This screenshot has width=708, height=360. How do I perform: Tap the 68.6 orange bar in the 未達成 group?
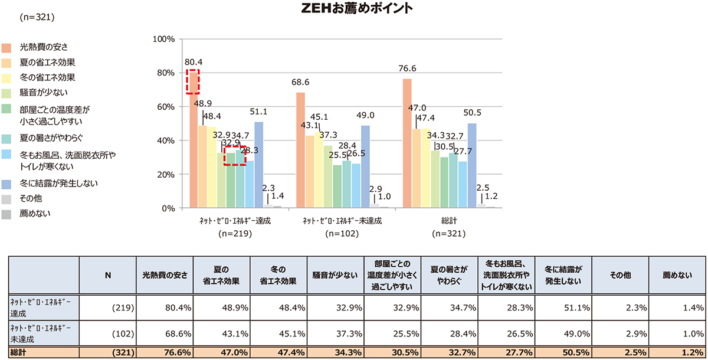coord(301,150)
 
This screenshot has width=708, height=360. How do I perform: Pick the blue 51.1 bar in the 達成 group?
coord(259,165)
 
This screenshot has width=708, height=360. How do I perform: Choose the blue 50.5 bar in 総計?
coord(472,165)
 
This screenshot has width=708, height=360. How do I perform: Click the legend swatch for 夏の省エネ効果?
coord(7,62)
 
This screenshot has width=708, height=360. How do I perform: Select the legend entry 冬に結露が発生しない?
coord(53,183)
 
